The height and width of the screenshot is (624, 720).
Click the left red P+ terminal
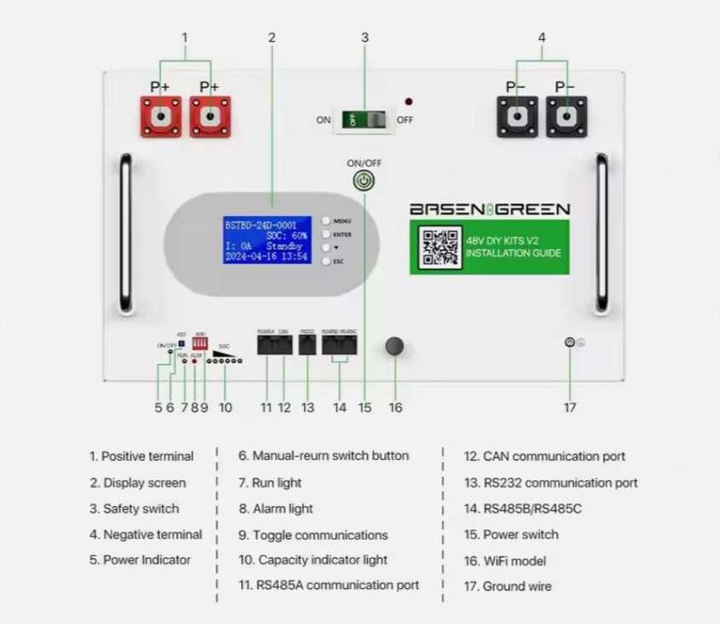(160, 117)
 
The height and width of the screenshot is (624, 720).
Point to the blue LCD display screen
(265, 238)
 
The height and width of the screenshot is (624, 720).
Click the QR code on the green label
(439, 248)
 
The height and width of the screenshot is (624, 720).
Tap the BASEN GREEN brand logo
(489, 210)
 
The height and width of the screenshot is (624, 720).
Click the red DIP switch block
(200, 342)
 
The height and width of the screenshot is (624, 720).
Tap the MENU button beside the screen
(327, 220)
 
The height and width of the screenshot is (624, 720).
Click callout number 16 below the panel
(395, 407)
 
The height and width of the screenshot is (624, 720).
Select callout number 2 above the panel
(272, 37)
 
